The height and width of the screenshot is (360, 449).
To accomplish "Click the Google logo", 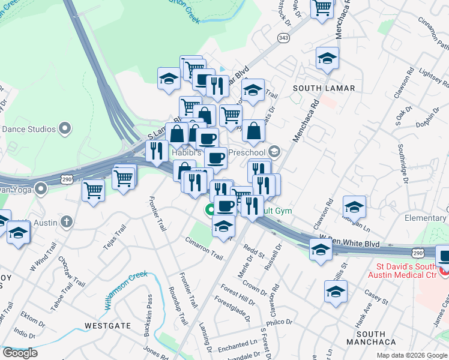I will pos(20,353).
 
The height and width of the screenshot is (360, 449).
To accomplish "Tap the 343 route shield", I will pos(284,38).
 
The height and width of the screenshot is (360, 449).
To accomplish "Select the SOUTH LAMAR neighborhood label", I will pos(324,88).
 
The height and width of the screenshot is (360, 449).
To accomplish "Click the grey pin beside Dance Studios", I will pos(65,128).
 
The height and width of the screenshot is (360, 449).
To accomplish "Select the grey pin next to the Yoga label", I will pos(41,189).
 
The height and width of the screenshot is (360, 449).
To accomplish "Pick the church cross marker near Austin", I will pos(67,222).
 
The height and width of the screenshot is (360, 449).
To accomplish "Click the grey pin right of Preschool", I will pos(275,151).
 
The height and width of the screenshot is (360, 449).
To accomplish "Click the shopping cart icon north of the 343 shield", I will pos(322,8).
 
